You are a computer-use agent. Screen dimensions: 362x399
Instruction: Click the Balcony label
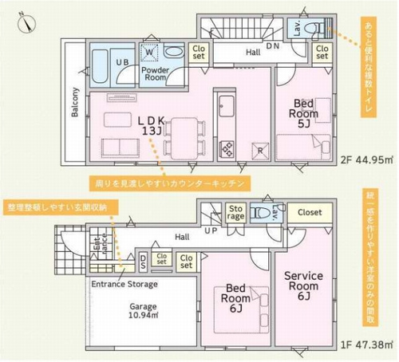point(75,102)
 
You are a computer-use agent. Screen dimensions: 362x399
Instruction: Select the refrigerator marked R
point(258,149)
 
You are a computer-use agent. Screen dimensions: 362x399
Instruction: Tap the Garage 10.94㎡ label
point(142,311)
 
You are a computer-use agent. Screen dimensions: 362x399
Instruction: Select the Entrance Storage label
point(124,284)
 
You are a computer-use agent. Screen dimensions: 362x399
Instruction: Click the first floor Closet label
point(310,213)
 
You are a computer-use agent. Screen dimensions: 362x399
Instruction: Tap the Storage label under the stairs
point(235,214)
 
